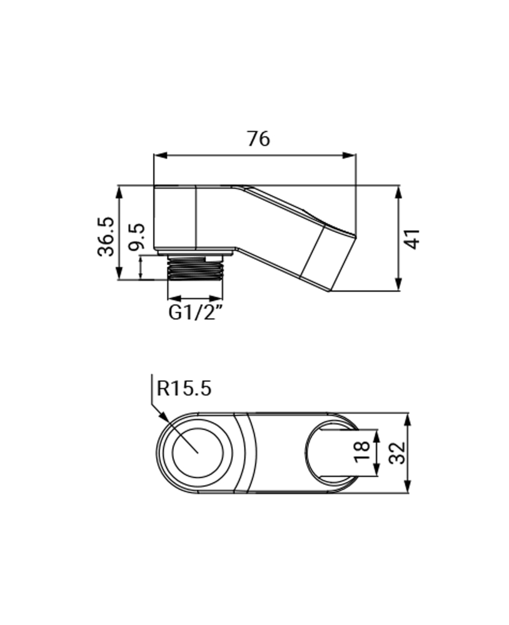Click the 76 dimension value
258,138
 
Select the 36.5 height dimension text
106,236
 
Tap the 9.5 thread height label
136,238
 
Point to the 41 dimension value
412,238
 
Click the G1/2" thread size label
196,313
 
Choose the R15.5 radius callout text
184,389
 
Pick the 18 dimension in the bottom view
361,452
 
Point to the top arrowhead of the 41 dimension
399,190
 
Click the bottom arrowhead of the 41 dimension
399,286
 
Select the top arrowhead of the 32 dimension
408,417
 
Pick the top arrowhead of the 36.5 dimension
119,189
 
